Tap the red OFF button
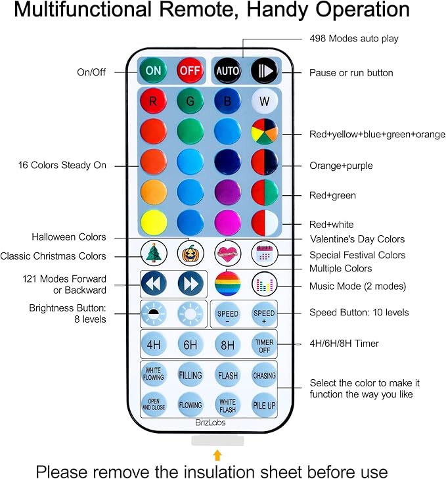[190, 70]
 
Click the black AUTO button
[227, 70]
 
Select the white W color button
[264, 102]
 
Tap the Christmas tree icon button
[152, 253]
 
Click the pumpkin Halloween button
[190, 253]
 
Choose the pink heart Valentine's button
[227, 253]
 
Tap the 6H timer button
[190, 344]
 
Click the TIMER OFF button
[264, 344]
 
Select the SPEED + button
[264, 314]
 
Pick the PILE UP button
[264, 405]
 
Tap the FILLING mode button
[190, 375]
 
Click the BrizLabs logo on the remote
[210, 422]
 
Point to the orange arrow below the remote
[217, 455]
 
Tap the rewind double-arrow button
[152, 283]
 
